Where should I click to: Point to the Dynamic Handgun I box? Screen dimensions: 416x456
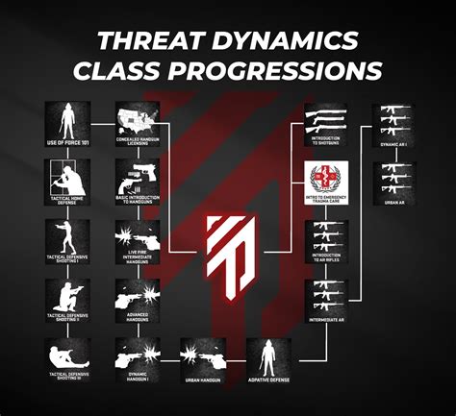pos(138,357)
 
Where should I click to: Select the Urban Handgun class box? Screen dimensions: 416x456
pos(203,357)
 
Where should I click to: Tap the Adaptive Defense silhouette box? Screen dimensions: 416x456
pos(269,357)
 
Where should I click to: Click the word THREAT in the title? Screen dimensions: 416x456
pos(149,42)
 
